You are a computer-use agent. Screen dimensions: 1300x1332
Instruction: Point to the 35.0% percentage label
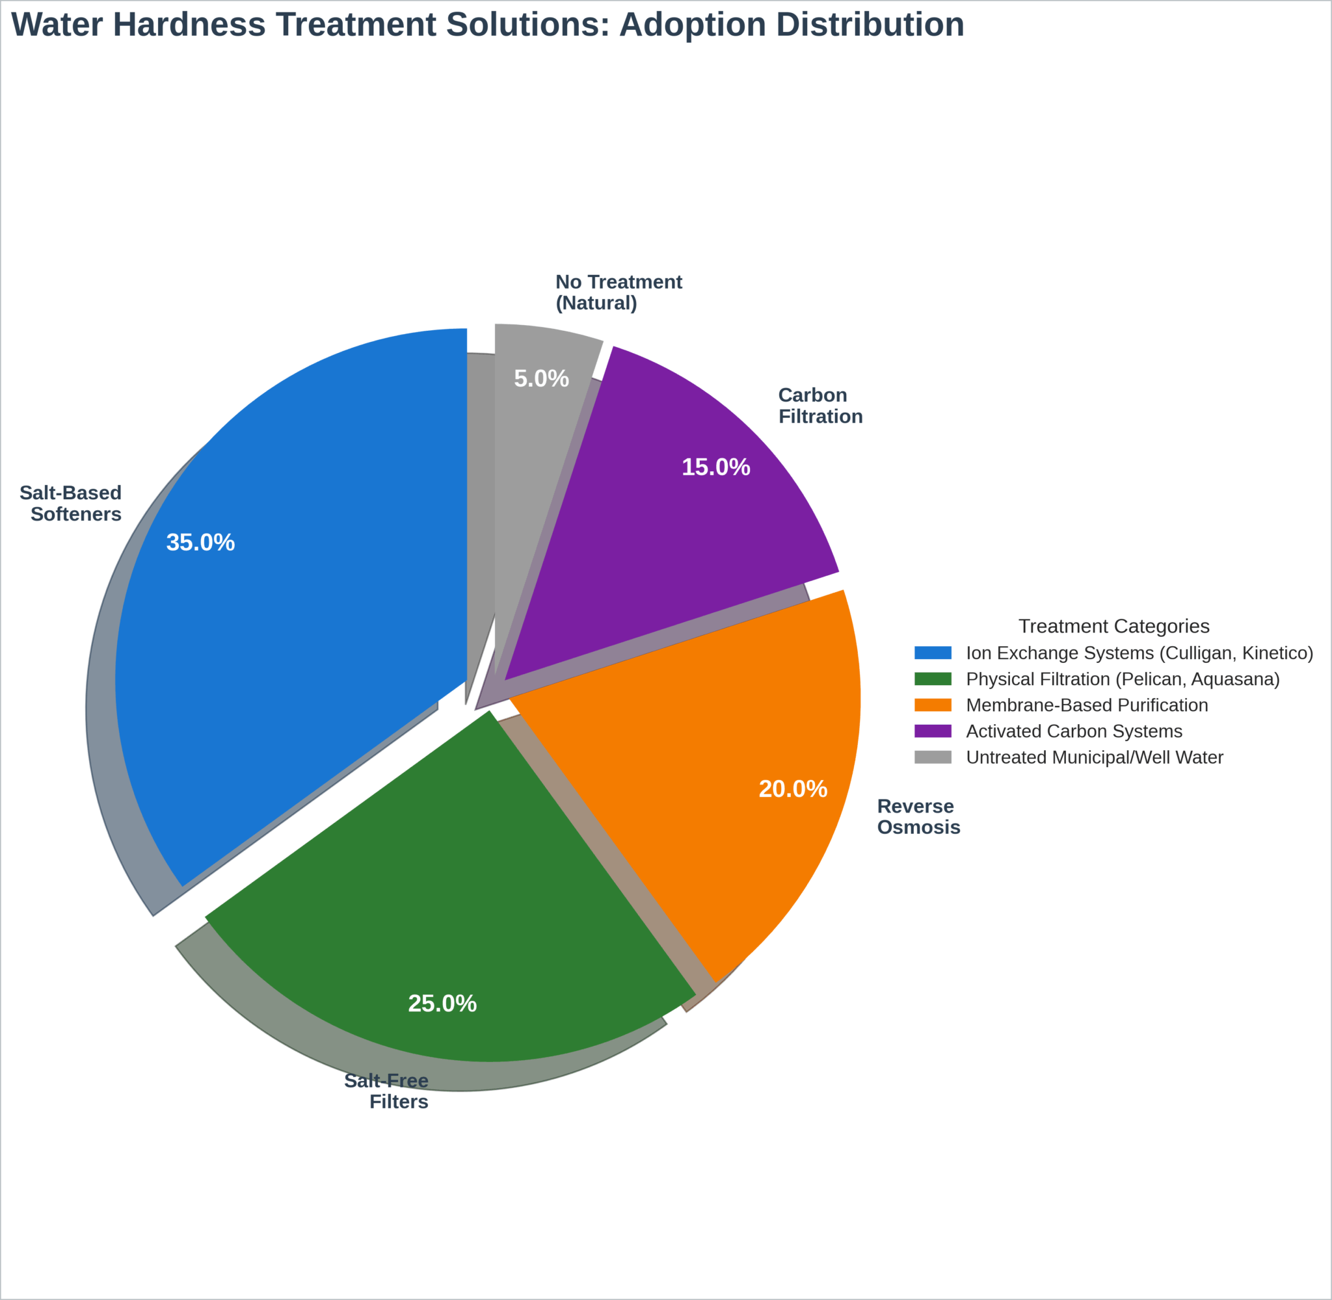click(x=200, y=543)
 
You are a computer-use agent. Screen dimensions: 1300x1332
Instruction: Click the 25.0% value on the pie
click(x=442, y=1004)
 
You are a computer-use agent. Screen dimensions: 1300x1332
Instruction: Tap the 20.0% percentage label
click(x=793, y=789)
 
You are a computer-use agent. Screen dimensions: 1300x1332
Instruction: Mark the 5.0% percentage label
click(x=541, y=379)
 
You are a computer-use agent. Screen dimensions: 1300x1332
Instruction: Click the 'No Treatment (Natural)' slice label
click(x=618, y=292)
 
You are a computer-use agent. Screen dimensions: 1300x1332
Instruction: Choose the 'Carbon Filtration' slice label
click(x=819, y=406)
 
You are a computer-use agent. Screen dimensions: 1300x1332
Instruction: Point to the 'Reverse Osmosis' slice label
click(x=918, y=816)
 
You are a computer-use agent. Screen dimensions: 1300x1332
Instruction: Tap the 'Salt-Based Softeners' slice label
click(x=71, y=503)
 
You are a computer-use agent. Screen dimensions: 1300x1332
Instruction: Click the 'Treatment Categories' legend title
click(x=1113, y=626)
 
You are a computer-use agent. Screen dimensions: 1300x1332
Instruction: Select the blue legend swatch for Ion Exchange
click(x=933, y=653)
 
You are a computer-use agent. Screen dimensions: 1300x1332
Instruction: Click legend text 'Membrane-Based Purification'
click(x=1087, y=705)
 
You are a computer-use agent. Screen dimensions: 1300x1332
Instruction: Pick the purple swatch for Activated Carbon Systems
click(x=933, y=731)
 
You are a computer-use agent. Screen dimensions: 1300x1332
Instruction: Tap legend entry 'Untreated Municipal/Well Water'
click(x=1095, y=757)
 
